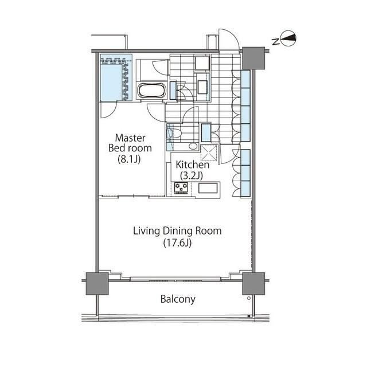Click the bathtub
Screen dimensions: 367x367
152,91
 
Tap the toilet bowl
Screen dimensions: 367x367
174,134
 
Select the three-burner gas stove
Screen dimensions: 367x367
181,188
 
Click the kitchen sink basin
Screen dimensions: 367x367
208,188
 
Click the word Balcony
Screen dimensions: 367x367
178,299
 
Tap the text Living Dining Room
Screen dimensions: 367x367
177,231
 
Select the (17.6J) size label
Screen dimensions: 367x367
177,243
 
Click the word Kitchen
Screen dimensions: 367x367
193,165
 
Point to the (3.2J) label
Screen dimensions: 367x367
192,175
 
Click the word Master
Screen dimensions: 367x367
130,138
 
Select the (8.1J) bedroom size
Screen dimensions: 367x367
129,159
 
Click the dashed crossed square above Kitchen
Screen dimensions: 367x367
209,153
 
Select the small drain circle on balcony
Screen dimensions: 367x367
248,298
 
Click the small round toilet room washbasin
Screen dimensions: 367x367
193,146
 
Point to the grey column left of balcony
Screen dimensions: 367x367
97,283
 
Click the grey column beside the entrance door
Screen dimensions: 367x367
253,58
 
